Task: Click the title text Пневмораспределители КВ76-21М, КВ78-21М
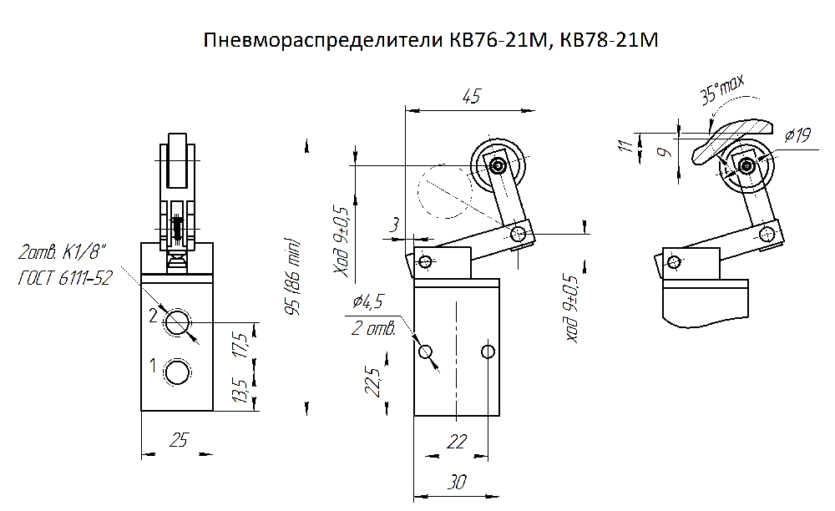(x=431, y=40)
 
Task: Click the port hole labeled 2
(x=177, y=322)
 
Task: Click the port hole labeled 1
(x=177, y=372)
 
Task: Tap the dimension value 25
(x=179, y=440)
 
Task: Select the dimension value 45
(x=471, y=96)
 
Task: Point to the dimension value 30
(x=457, y=482)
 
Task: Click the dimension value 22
(x=457, y=441)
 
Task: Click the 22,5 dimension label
(x=372, y=382)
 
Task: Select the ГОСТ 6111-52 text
(x=65, y=278)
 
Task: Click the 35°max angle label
(x=722, y=89)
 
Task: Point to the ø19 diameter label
(x=797, y=135)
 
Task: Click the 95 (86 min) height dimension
(x=293, y=277)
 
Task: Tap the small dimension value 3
(x=394, y=225)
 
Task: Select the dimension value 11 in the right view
(x=627, y=144)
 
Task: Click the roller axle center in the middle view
(x=498, y=166)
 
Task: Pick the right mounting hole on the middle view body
(x=488, y=352)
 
